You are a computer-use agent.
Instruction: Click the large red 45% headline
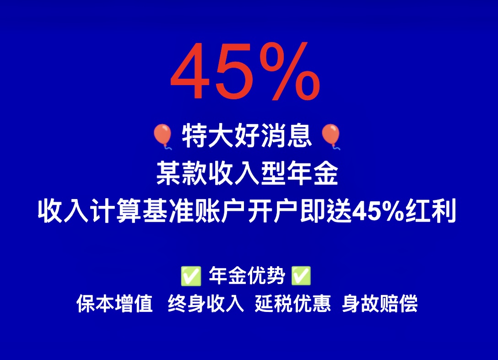tap(245, 71)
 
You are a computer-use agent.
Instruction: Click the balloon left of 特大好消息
tap(162, 136)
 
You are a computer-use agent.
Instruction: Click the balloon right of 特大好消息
tap(331, 136)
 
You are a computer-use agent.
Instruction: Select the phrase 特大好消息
tap(247, 136)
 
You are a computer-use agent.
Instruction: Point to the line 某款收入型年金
tap(247, 173)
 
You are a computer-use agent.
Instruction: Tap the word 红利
tap(431, 210)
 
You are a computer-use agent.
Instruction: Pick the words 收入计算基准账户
tap(141, 210)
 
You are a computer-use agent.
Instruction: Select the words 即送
tap(325, 210)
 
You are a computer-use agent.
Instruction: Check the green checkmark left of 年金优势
tap(191, 276)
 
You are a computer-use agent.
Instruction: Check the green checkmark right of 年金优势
tap(301, 276)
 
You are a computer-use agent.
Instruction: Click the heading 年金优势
tap(247, 275)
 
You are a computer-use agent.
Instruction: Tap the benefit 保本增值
tap(114, 303)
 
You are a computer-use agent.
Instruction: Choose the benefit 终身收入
tap(206, 303)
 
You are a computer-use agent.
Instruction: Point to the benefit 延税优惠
tap(293, 303)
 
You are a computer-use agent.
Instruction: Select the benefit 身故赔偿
tap(380, 303)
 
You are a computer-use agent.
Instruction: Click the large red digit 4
tap(190, 71)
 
